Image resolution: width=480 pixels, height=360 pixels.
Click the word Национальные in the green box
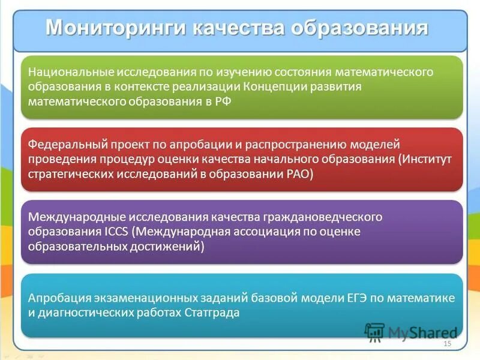tap(62, 73)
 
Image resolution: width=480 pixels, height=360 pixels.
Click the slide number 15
tap(447, 343)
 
